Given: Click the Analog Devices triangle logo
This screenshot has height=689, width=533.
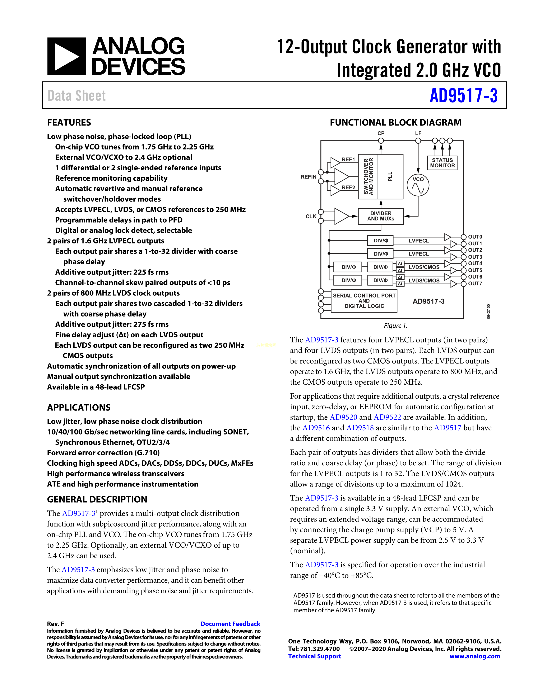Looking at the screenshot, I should pos(66,56).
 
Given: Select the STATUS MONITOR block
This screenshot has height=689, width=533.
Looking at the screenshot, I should pos(442,163).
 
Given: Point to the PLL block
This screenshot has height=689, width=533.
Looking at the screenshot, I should pos(390,176).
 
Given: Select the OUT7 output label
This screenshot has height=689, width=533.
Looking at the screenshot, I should pos(475,284).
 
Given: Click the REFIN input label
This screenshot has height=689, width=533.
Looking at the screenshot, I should pos(308,177).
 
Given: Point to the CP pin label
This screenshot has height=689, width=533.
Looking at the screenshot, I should pos(381,133).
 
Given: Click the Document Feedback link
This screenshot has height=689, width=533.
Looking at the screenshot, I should pos(230,624).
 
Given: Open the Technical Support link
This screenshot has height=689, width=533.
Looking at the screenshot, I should pos(315,656).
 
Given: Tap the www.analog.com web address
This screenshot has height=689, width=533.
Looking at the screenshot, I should pos(475,656).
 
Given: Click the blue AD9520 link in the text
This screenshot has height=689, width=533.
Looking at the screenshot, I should pos(343,417).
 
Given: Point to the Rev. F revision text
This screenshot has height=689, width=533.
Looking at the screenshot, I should pos(56,624).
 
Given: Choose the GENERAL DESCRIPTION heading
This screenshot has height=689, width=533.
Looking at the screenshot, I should pos(97,499).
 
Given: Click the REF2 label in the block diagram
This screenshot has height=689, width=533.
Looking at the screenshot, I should pos(348,187).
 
